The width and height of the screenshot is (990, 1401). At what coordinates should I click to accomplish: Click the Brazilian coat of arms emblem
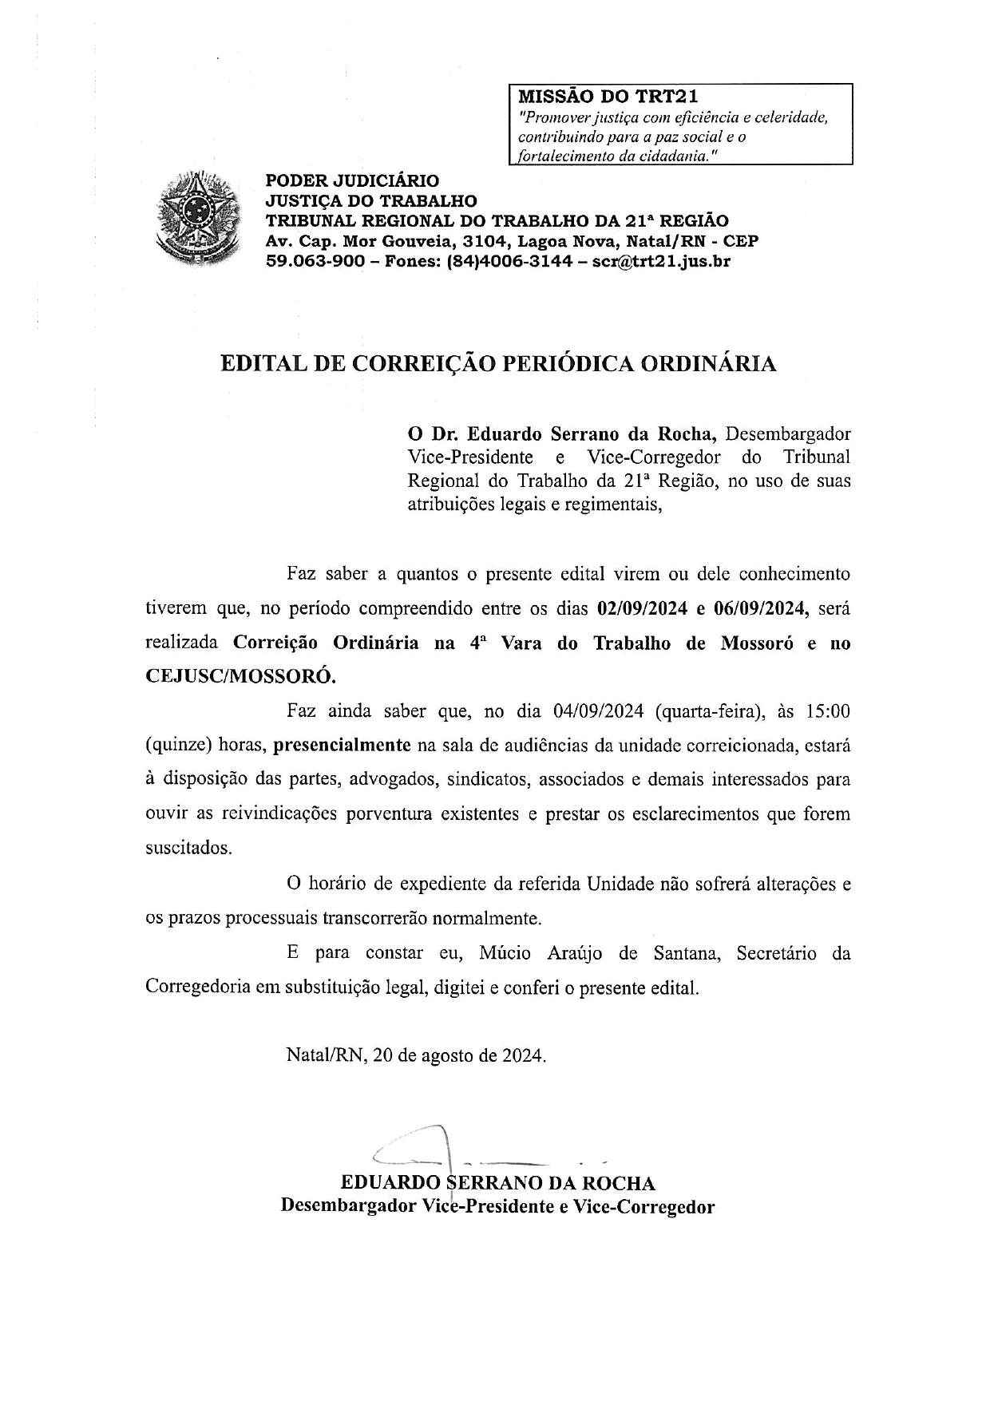[x=195, y=216]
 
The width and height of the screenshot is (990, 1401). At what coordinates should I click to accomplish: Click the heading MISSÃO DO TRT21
[x=608, y=97]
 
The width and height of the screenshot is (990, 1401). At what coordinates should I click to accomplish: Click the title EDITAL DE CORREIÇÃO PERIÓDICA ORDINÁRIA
[x=498, y=364]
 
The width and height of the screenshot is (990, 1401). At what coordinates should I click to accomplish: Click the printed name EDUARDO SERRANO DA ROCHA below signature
[x=498, y=1182]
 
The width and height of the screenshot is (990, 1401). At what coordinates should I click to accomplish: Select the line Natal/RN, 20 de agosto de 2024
[x=417, y=1055]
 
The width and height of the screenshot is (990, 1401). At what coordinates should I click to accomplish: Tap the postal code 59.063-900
[x=316, y=261]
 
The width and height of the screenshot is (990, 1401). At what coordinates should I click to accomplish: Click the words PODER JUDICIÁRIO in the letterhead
[x=352, y=181]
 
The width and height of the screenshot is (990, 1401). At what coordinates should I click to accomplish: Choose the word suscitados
[x=189, y=848]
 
